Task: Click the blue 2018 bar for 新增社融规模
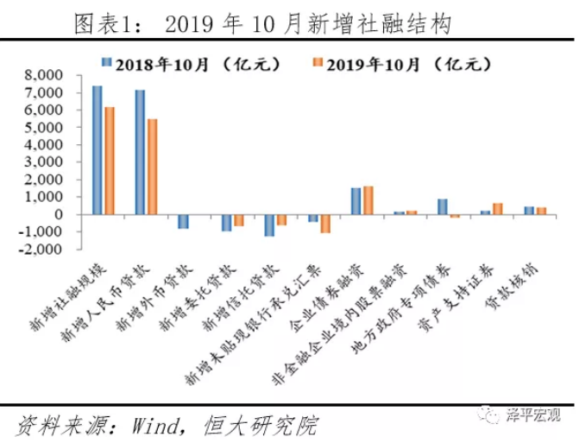98,149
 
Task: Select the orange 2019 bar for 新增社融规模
109,160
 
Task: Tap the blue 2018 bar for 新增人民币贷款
141,152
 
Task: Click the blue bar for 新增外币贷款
183,221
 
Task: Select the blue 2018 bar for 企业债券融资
356,200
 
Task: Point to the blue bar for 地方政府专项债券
442,206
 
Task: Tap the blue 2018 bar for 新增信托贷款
269,225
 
